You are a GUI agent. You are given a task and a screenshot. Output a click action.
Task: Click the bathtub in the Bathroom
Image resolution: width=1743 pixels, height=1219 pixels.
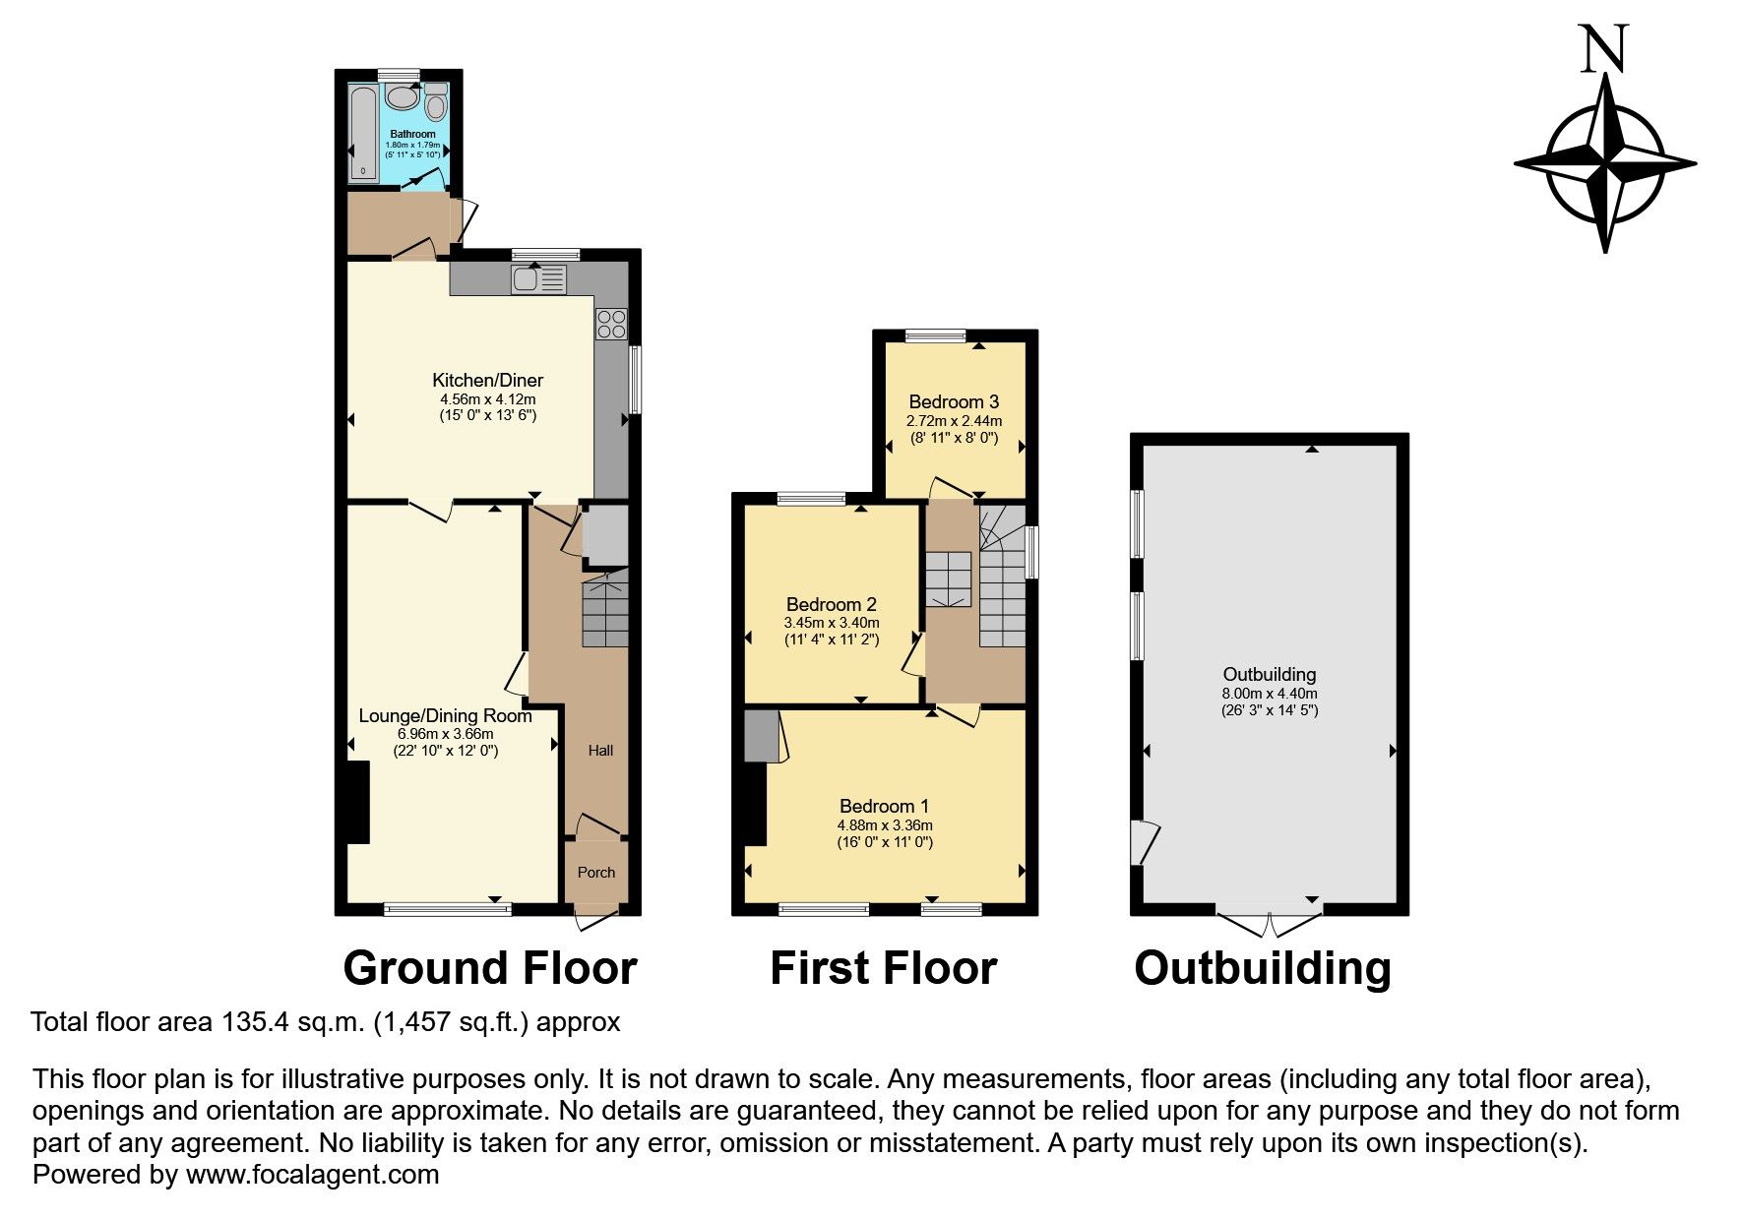click(362, 134)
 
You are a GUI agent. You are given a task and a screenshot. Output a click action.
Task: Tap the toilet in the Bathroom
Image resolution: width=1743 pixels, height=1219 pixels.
click(435, 101)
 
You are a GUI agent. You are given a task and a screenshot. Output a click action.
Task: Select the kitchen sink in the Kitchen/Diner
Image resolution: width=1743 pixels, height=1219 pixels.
click(538, 280)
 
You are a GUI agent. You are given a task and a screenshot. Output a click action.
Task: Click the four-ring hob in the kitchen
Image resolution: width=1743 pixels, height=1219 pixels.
click(610, 325)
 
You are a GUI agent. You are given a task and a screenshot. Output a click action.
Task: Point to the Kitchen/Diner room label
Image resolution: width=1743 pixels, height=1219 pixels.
click(488, 380)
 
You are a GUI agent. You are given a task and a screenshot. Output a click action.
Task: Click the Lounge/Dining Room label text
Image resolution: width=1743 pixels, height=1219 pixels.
click(445, 715)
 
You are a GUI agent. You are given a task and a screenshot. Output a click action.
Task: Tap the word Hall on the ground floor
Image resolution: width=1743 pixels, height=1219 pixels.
click(600, 751)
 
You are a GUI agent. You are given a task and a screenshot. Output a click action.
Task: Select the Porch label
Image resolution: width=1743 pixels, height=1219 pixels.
click(596, 872)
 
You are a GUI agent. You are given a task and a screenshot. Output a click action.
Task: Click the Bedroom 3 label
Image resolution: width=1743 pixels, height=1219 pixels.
click(954, 401)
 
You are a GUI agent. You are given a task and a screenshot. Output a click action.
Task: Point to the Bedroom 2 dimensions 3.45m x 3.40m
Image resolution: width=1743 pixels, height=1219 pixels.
click(832, 623)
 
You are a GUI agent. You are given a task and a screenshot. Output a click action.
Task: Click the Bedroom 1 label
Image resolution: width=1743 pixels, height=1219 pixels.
click(884, 807)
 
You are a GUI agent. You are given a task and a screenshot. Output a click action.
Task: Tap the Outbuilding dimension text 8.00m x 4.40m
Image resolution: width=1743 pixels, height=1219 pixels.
click(1270, 693)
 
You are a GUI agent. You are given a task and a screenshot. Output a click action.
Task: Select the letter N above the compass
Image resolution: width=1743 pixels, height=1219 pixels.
click(1603, 50)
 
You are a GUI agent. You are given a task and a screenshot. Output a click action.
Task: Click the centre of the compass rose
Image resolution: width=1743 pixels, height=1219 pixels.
click(1605, 162)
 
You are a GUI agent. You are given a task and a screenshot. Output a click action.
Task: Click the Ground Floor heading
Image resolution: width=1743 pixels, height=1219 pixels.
click(490, 968)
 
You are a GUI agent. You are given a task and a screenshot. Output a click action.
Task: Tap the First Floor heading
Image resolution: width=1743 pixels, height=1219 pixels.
click(883, 968)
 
